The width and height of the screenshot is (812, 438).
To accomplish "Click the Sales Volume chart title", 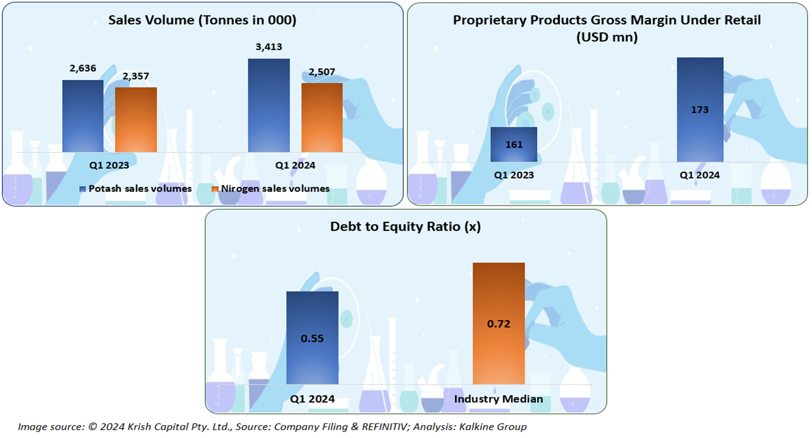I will pos(202,20).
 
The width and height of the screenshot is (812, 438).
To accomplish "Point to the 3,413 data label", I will pos(269,47).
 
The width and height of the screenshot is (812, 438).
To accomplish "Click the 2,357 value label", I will pos(137,76).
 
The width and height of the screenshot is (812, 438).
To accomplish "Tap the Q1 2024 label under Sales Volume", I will pos(295,166).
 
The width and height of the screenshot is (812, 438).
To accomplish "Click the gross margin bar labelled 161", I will pos(514,144).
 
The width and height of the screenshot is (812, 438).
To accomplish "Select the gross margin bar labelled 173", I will pos(700,109).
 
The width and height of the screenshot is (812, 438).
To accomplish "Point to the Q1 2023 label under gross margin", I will pos(514,175).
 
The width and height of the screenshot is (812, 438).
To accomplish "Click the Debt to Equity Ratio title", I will pos(405,227).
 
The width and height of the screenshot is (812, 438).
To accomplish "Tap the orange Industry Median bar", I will pos(498,323).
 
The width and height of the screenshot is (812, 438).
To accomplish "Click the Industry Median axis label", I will pos(498,399).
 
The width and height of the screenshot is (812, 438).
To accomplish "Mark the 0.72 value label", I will pos(498,324).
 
